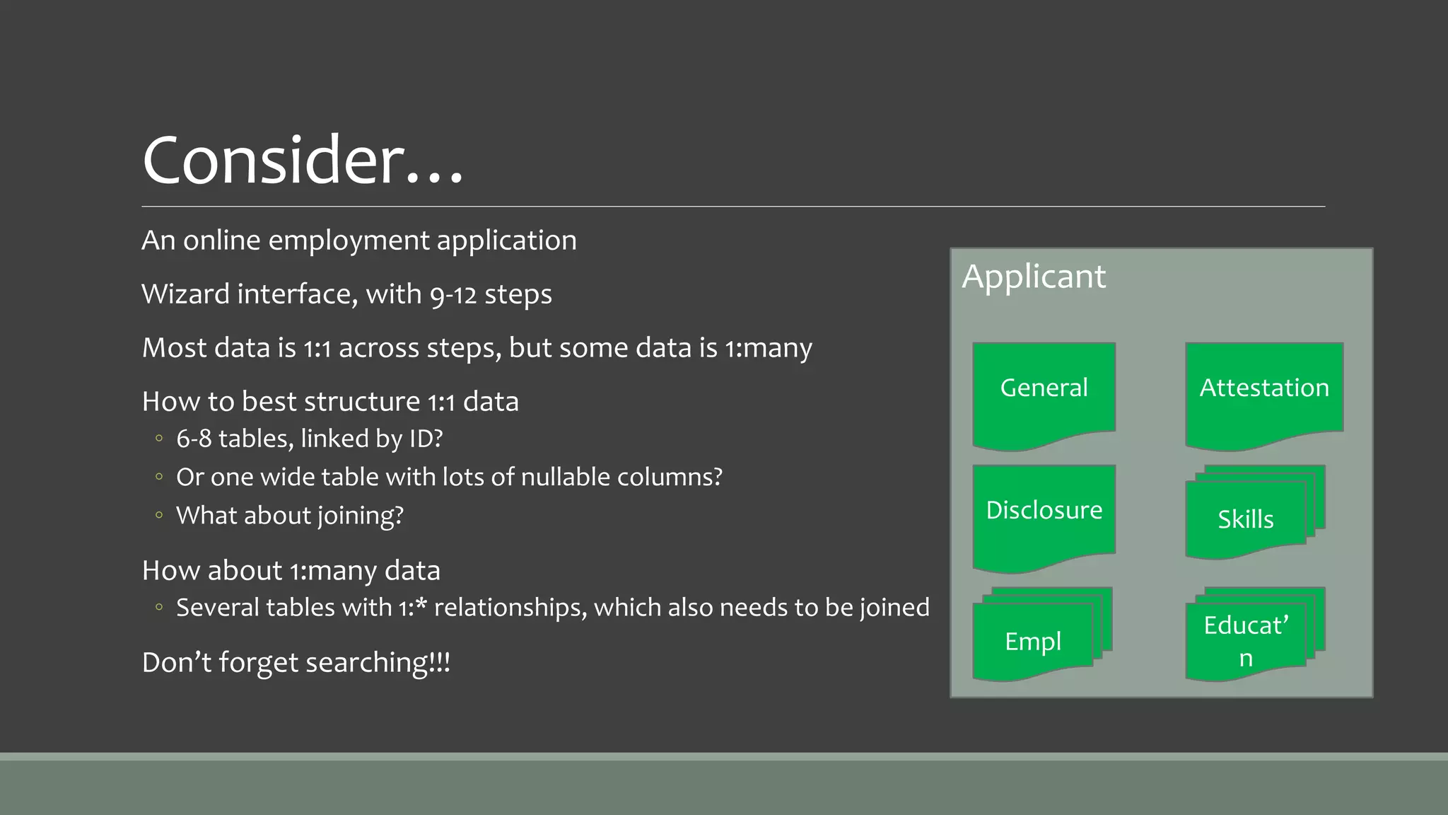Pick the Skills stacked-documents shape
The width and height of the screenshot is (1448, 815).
[x=1246, y=519]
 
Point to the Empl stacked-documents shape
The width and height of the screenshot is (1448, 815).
[x=1033, y=641]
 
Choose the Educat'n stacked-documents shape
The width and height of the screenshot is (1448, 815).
[x=1246, y=641]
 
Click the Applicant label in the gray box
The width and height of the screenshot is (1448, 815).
[x=1033, y=276]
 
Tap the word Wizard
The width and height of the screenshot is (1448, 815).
[x=185, y=294]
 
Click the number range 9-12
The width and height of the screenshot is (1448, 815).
[x=453, y=294]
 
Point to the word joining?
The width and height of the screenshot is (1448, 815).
[x=360, y=516]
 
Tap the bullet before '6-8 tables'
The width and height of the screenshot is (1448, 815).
[x=159, y=439]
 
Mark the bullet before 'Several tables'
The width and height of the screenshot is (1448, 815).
[x=159, y=608]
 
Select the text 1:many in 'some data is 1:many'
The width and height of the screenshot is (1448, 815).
[x=768, y=348]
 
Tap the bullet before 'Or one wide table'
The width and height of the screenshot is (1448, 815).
[x=159, y=478]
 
